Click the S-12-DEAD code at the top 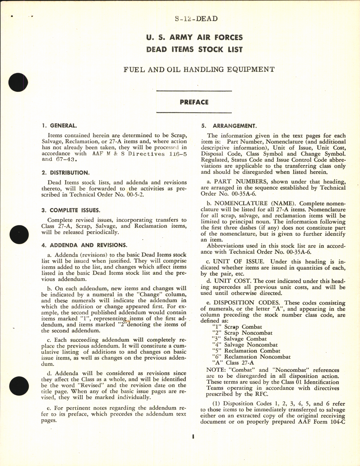196,19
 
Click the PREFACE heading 194,102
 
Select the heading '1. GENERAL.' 59,126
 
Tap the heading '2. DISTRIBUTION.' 65,173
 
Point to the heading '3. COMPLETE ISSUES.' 71,210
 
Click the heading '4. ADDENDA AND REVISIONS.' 84,245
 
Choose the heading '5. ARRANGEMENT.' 229,126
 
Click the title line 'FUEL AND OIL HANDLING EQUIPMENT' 199,69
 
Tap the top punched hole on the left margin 19,82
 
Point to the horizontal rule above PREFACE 194,91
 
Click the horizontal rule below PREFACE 194,113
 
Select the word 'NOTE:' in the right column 215,370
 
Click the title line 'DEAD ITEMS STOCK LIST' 194,49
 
